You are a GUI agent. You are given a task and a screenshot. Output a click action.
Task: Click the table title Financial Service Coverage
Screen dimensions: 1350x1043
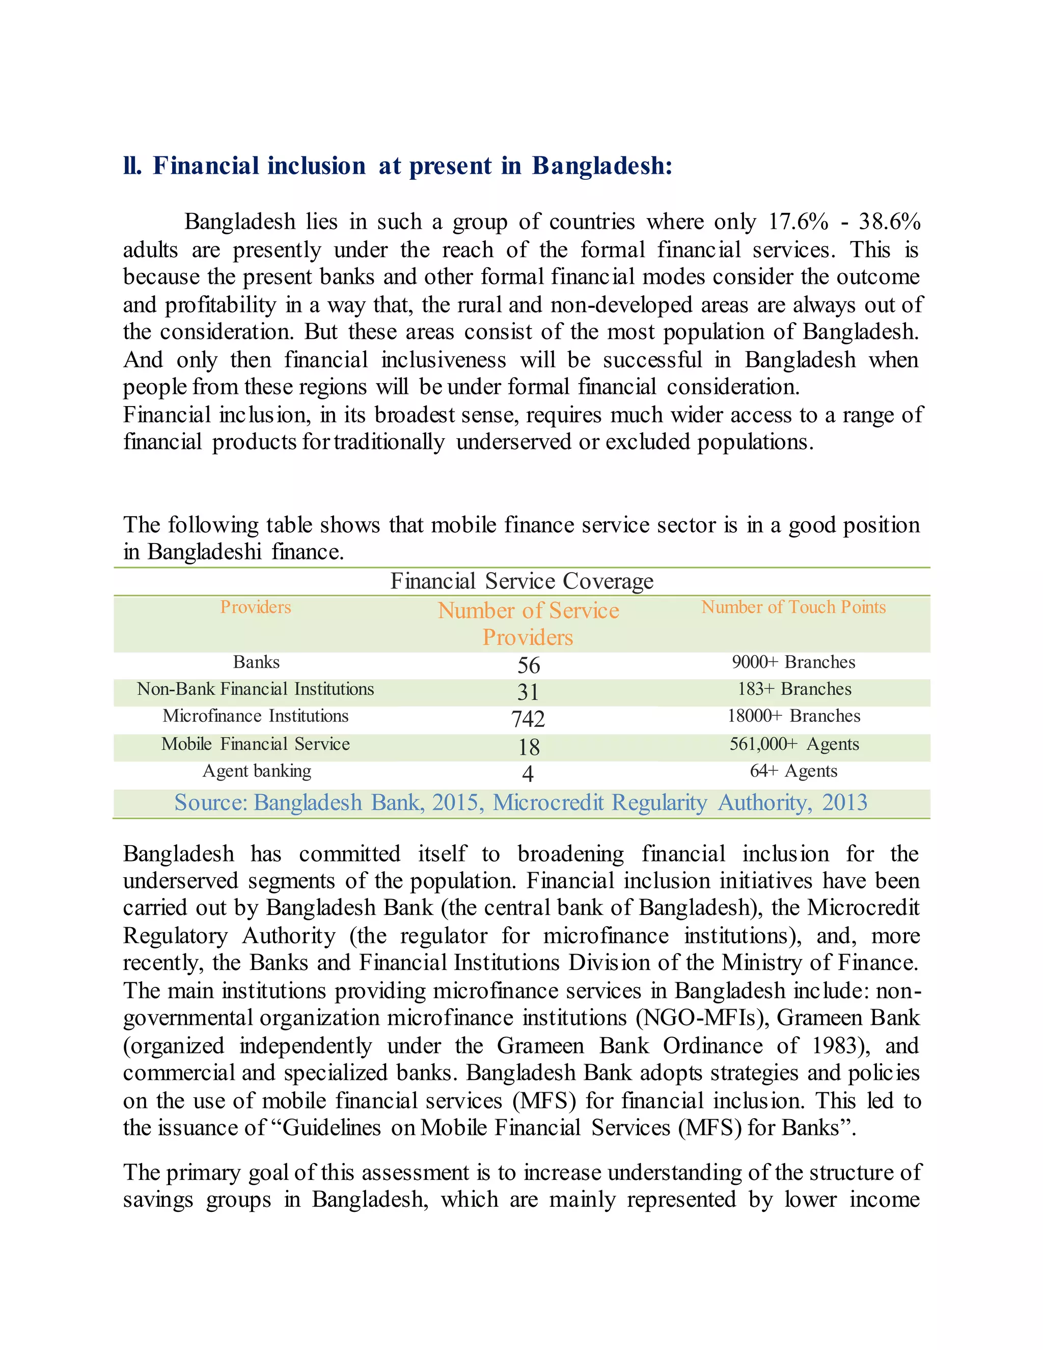(x=521, y=581)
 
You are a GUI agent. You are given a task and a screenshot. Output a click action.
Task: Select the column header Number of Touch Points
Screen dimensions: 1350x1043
(x=793, y=607)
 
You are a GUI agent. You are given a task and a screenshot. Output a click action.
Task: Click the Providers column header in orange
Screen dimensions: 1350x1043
(x=255, y=607)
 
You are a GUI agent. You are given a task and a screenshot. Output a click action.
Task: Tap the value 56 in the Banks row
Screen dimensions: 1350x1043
(x=528, y=665)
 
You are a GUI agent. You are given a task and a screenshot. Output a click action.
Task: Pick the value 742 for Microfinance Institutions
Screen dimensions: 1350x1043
(x=528, y=719)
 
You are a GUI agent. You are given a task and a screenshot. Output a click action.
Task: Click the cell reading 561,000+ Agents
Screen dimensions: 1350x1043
(x=794, y=744)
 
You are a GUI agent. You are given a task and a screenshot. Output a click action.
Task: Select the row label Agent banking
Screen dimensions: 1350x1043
(x=257, y=771)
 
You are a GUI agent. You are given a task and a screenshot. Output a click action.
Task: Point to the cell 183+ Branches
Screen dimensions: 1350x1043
(x=794, y=689)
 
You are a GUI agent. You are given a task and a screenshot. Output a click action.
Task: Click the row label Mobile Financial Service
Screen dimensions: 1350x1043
(x=255, y=744)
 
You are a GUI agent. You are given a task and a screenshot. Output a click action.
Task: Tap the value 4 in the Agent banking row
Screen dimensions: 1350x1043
(x=528, y=773)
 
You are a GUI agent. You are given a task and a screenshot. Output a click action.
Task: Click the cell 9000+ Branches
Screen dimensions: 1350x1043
(x=793, y=662)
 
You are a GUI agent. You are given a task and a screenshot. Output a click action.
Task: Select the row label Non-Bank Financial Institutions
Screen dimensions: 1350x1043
(x=255, y=689)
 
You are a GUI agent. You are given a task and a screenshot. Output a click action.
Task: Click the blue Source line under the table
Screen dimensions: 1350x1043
(x=520, y=802)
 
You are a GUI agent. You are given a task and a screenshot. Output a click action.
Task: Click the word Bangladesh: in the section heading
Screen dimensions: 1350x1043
(x=602, y=166)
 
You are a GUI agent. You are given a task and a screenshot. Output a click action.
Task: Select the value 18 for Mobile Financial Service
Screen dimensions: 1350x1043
(x=528, y=747)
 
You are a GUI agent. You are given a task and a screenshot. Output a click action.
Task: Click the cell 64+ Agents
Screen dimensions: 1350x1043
(x=793, y=771)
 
